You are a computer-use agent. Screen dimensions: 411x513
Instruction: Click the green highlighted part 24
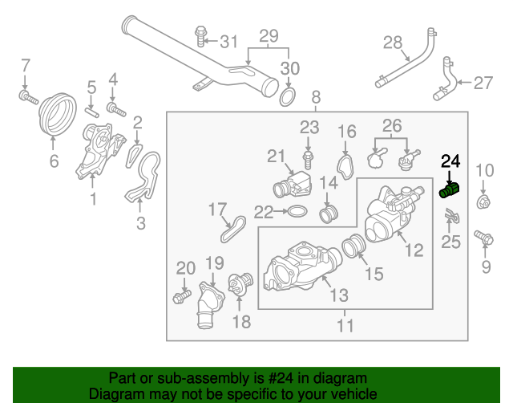[x=449, y=191]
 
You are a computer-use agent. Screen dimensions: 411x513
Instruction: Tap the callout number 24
[x=451, y=161]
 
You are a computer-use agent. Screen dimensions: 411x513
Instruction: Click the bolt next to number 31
[x=200, y=36]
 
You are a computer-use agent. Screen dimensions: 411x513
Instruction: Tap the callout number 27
[x=483, y=82]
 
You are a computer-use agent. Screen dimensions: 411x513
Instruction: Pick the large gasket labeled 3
[x=143, y=180]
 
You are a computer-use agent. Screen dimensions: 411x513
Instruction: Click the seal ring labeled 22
[x=295, y=212]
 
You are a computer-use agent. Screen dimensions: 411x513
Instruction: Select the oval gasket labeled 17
[x=233, y=228]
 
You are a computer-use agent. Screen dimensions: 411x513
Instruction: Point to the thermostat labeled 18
[x=238, y=285]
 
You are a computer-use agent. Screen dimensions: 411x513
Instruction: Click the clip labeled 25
[x=451, y=216]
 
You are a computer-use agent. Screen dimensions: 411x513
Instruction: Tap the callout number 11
[x=345, y=326]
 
